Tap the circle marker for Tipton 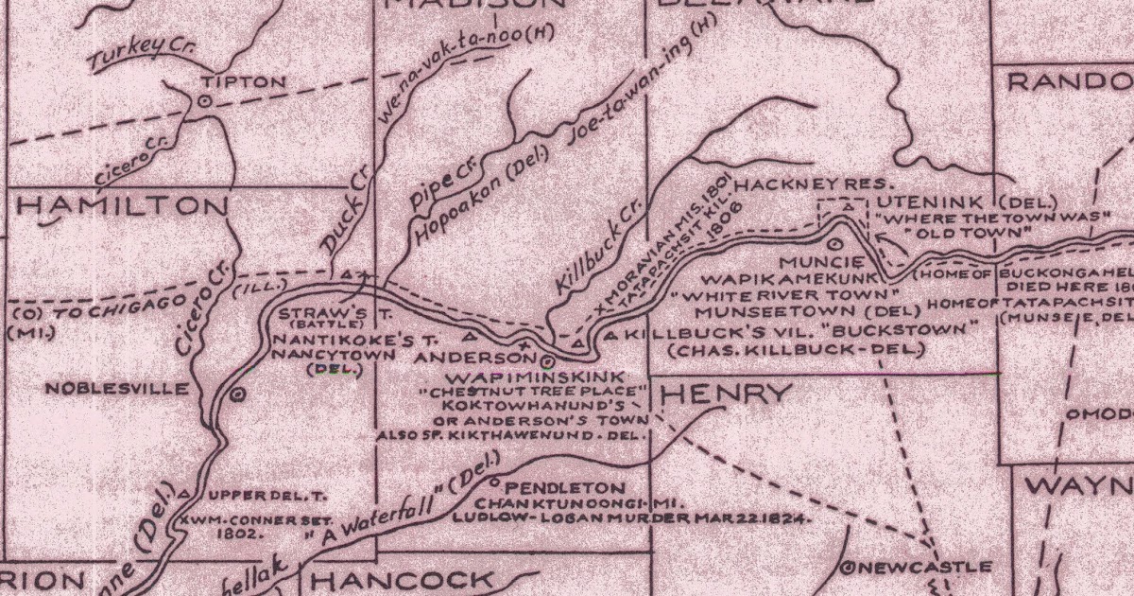tap(204, 100)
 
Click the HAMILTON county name tap(116, 208)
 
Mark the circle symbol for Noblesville tap(237, 392)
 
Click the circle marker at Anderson tap(548, 359)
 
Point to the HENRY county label tap(724, 394)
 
